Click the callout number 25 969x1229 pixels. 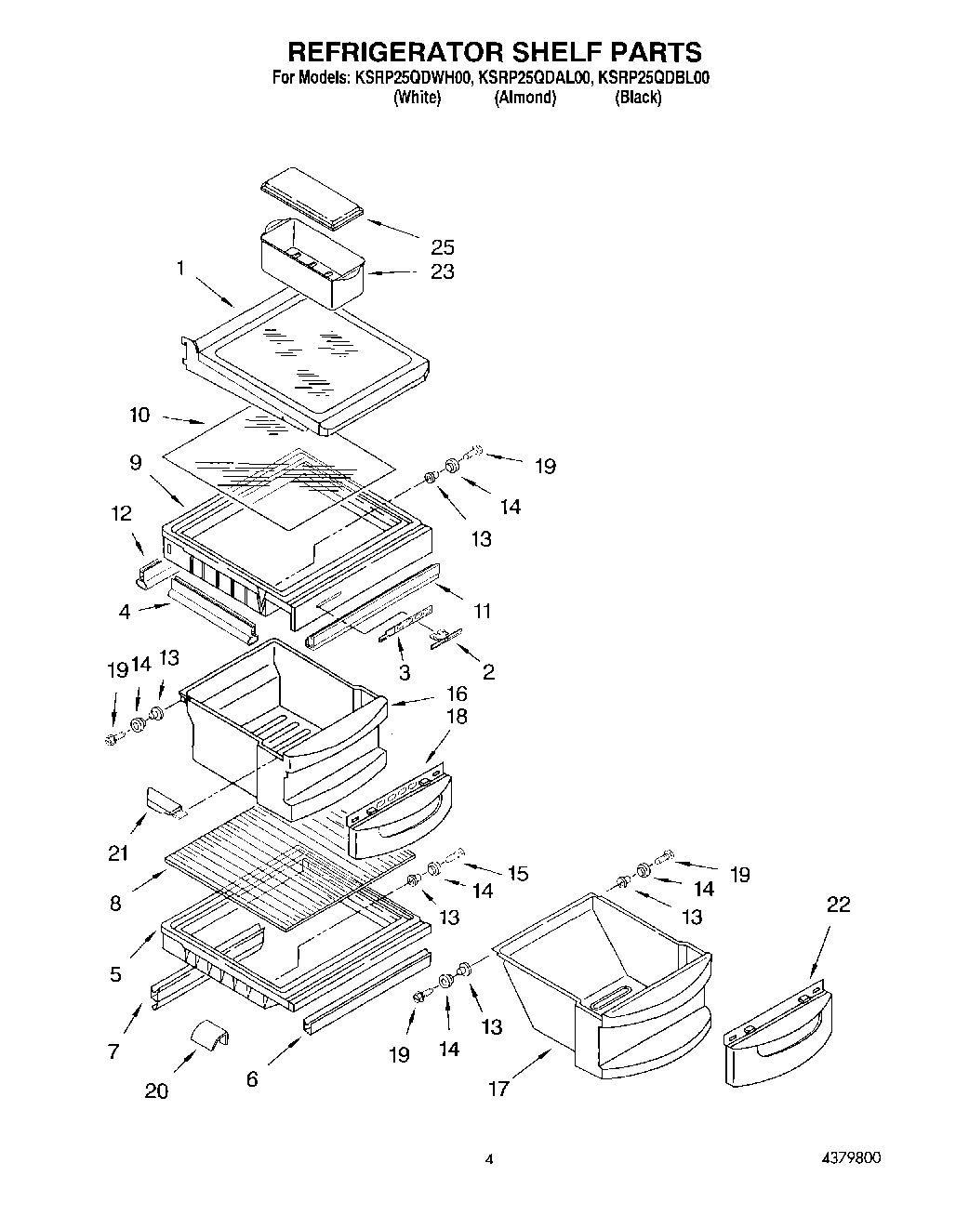tap(442, 246)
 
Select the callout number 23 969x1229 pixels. tap(442, 271)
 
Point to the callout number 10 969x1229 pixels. tap(139, 415)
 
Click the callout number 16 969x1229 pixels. tap(456, 694)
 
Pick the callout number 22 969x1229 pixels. tap(838, 905)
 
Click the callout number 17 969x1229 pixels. tap(498, 1089)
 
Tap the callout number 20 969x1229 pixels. tap(156, 1090)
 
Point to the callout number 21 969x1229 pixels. tap(118, 852)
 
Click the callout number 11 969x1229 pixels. tap(482, 611)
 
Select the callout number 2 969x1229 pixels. tap(488, 672)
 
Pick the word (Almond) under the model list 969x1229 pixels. tap(524, 98)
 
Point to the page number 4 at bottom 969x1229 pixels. tap(488, 1159)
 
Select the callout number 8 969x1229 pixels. tap(115, 903)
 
